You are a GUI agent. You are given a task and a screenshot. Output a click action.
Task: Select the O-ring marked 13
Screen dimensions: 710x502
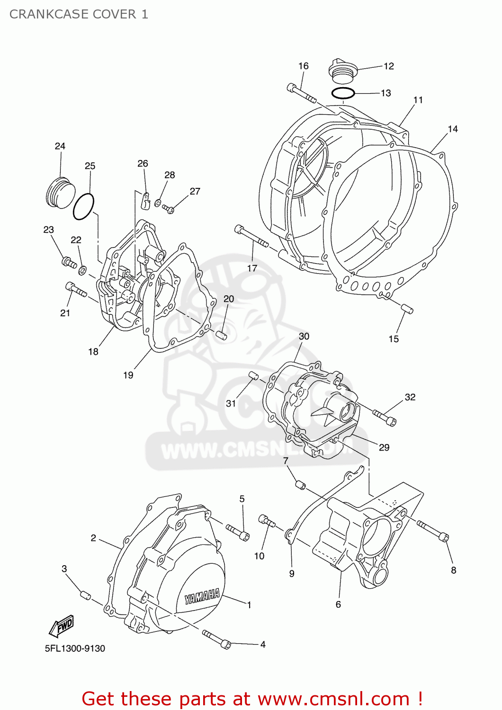click(343, 93)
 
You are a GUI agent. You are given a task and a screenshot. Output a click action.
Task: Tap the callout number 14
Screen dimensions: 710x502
click(452, 129)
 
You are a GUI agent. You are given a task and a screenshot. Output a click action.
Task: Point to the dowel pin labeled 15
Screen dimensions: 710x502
click(407, 309)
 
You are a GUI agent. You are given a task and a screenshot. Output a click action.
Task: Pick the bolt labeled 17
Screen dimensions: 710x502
click(251, 237)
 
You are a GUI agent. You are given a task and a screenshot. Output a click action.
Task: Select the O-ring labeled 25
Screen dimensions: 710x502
click(83, 207)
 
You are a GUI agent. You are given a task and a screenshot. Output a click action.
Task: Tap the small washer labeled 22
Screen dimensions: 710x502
click(82, 270)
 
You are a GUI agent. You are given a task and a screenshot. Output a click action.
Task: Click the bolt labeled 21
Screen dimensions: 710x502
click(75, 290)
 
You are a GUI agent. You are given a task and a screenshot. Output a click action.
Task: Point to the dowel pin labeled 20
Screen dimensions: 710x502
click(221, 335)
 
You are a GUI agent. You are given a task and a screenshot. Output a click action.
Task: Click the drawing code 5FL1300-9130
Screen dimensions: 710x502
click(75, 648)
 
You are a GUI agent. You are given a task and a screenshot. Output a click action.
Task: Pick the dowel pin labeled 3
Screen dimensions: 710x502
click(85, 595)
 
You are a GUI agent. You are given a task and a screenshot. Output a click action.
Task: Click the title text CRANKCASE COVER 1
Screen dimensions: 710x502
click(79, 14)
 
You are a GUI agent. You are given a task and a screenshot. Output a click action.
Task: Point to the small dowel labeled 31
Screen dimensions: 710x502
click(253, 376)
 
